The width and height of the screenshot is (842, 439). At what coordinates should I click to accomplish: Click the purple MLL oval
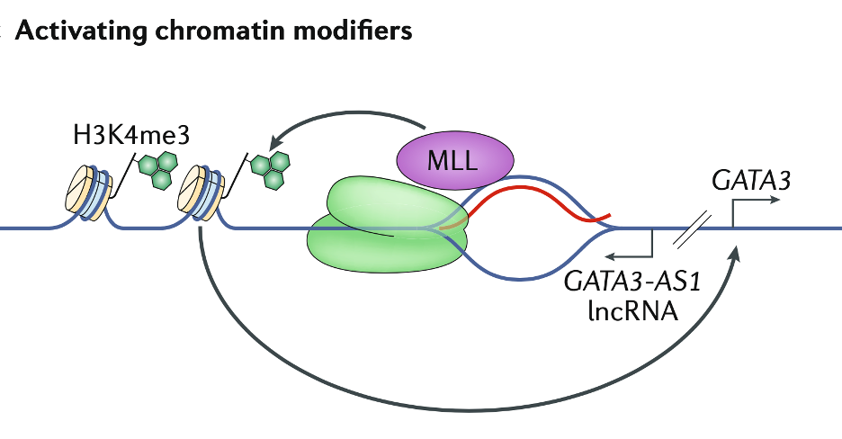click(x=455, y=160)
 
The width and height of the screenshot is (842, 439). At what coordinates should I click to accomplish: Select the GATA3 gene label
click(x=751, y=182)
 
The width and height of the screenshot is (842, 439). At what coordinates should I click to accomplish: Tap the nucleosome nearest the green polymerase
click(x=201, y=195)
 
